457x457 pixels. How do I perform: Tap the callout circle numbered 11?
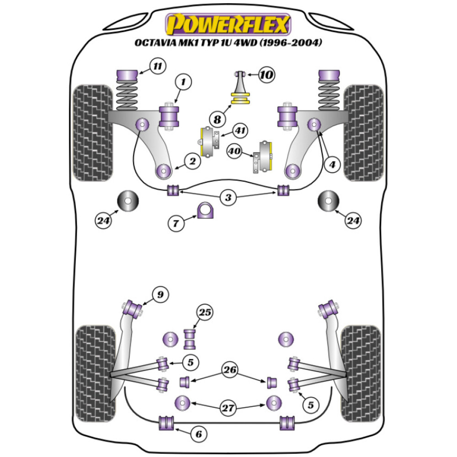tap(157, 67)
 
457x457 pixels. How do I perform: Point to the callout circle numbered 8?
tap(217, 119)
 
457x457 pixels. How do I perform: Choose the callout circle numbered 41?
tap(240, 132)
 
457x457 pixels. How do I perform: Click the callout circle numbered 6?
tap(198, 433)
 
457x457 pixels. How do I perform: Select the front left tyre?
tap(93, 133)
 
